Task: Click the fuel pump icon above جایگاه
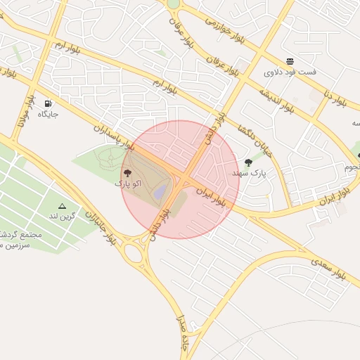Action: (x=48, y=103)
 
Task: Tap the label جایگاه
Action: (x=48, y=114)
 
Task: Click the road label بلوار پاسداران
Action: (x=112, y=136)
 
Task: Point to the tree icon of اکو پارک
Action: (x=127, y=172)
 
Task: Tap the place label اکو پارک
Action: (x=128, y=183)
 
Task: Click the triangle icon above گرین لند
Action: (x=62, y=206)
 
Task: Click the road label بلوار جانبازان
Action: (x=101, y=226)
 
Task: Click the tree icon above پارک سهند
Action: (x=248, y=162)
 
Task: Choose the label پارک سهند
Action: (x=249, y=173)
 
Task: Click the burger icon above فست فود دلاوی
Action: (x=290, y=61)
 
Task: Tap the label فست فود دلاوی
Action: (x=290, y=72)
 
